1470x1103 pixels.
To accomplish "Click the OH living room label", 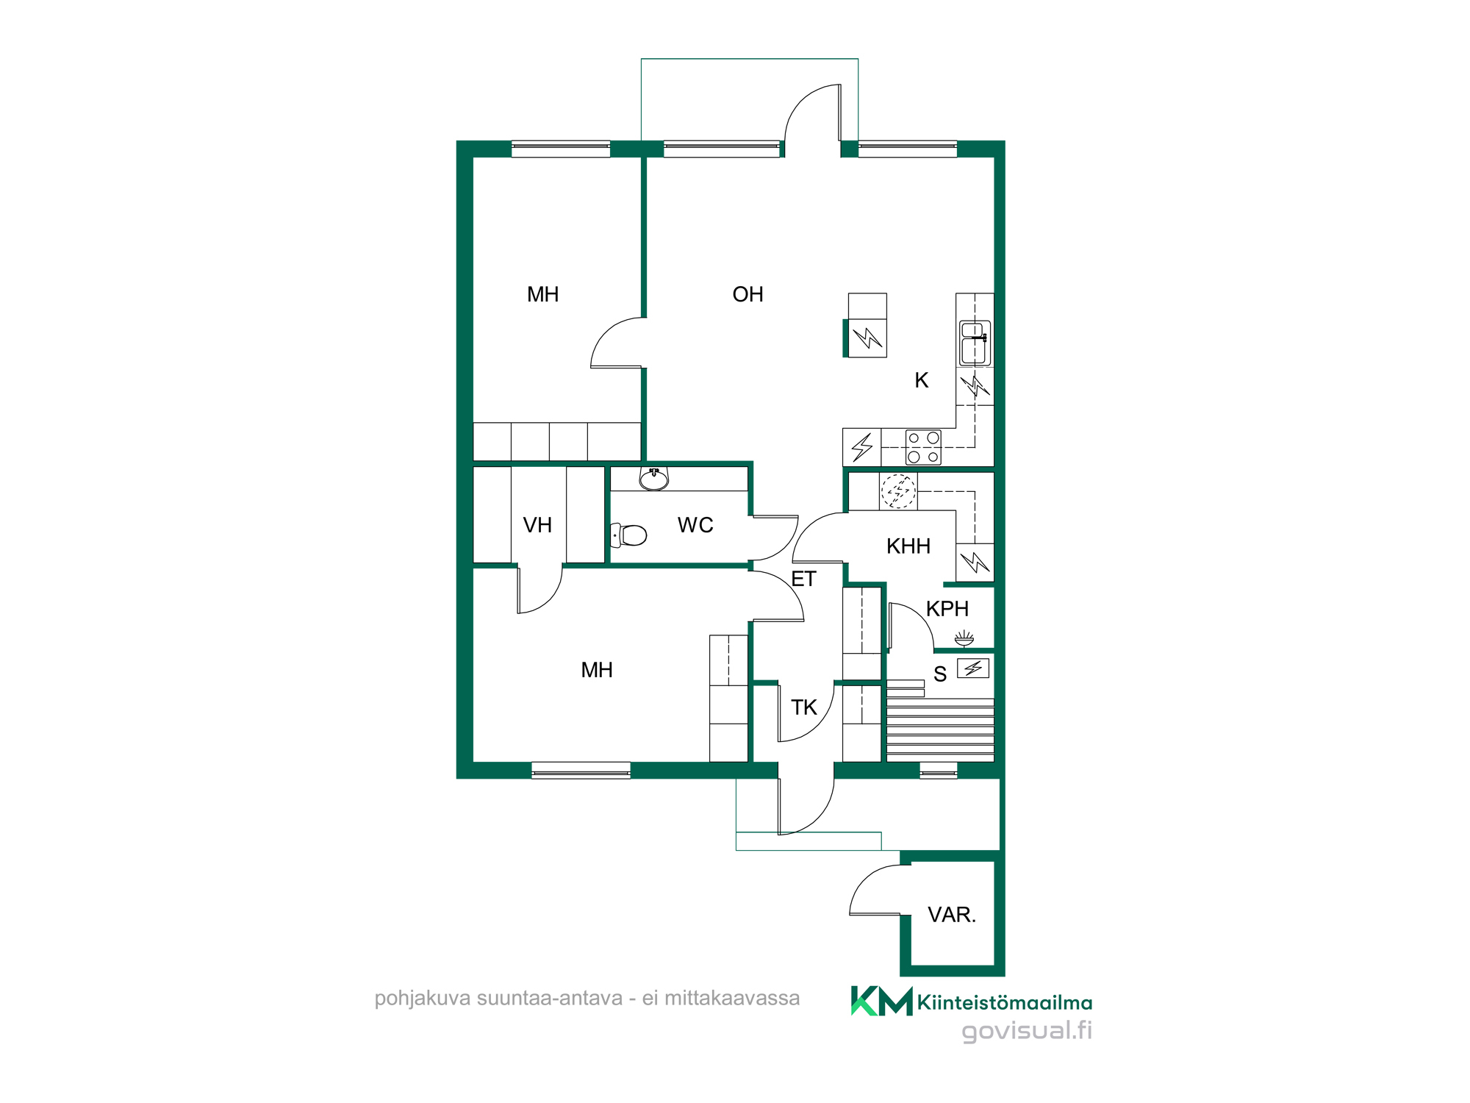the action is click(747, 295).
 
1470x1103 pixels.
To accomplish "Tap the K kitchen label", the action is click(922, 380).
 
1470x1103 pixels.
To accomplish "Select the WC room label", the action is click(695, 525).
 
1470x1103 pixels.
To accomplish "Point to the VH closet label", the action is click(537, 525).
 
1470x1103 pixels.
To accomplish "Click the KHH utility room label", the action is click(908, 546).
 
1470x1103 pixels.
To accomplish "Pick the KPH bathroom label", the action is click(947, 609).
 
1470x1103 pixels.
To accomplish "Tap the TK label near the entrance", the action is click(803, 707).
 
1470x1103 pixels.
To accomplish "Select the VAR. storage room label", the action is click(952, 915).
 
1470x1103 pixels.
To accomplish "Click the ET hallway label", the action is click(803, 579).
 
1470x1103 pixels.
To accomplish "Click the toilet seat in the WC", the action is click(629, 535).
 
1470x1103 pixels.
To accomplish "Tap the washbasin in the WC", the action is click(653, 479).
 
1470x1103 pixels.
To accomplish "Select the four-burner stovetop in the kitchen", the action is click(923, 447).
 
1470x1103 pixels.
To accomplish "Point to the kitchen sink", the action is click(975, 343).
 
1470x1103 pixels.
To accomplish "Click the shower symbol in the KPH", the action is click(964, 638).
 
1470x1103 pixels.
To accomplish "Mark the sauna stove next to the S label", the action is click(973, 668).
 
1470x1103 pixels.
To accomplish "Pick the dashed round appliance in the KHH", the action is click(898, 491).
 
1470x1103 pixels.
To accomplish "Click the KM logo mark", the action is click(881, 1001).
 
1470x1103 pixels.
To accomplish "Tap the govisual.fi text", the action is click(1027, 1031).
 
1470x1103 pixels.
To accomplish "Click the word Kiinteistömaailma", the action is click(1005, 1002).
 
